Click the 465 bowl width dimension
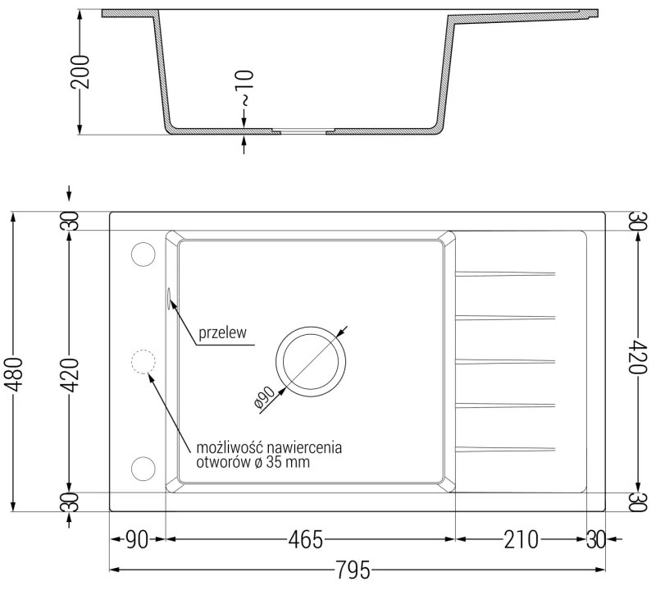306,540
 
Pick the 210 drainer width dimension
522,540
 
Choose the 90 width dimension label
137,540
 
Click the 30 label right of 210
596,540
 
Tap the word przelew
222,334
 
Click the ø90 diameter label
262,397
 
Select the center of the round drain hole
311,361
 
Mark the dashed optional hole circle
143,361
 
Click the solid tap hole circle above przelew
143,254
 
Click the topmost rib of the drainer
506,273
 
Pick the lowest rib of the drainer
506,448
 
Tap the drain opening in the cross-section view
303,131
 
